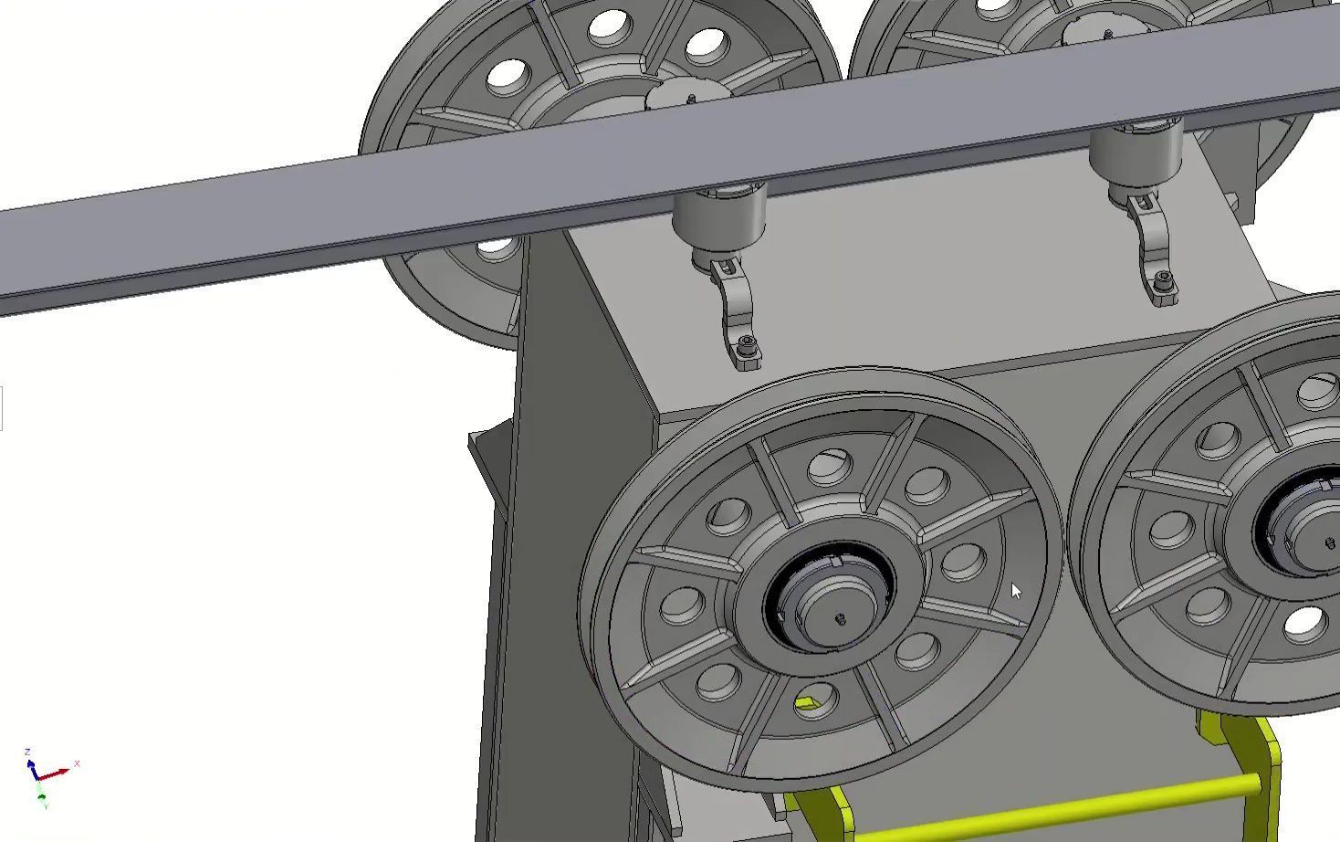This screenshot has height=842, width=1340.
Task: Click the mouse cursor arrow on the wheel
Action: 1016,591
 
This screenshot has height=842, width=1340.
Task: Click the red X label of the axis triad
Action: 77,763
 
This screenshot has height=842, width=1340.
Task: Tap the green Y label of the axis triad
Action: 44,805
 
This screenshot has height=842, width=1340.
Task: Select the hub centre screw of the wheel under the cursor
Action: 840,619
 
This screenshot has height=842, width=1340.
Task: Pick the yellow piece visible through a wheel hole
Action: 807,703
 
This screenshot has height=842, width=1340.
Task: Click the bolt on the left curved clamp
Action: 748,344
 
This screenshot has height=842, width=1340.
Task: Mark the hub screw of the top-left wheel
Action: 691,99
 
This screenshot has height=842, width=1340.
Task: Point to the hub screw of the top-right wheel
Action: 1109,35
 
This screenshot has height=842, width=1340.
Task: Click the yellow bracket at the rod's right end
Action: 1241,758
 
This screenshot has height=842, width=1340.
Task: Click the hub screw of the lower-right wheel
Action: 1330,544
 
